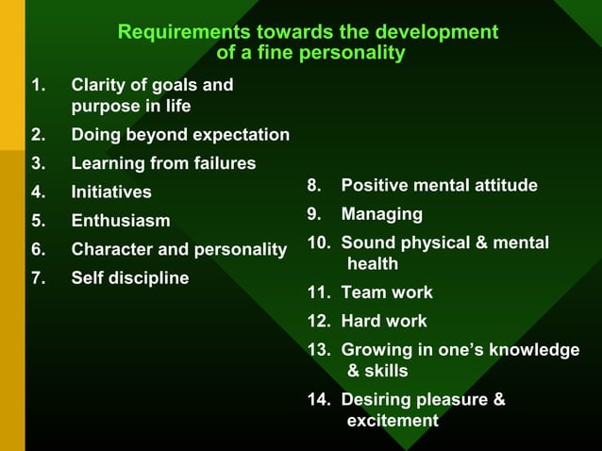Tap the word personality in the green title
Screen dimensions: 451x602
pyautogui.click(x=351, y=53)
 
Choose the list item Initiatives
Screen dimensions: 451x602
pyautogui.click(x=111, y=192)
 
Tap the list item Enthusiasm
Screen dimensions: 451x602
pyautogui.click(x=121, y=221)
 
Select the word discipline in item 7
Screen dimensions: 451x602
pyautogui.click(x=148, y=278)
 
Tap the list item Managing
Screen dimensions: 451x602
pyautogui.click(x=381, y=214)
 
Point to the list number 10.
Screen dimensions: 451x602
pyautogui.click(x=318, y=243)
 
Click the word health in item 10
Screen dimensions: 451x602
pyautogui.click(x=373, y=264)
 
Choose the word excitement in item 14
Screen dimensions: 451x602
pyautogui.click(x=393, y=421)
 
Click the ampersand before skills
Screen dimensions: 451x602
pyautogui.click(x=353, y=371)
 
